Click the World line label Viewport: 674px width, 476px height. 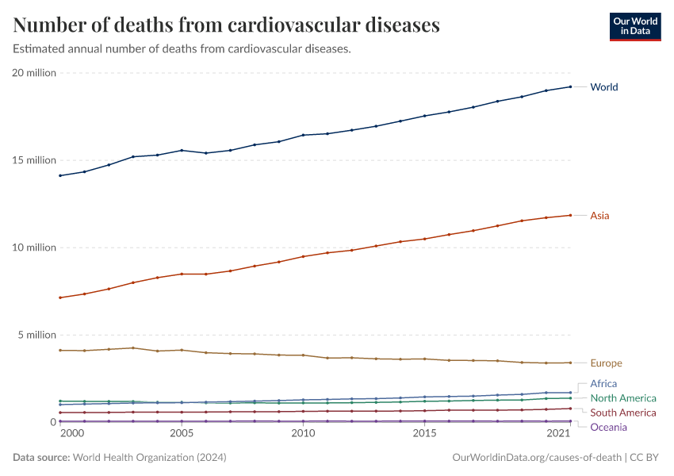(x=604, y=86)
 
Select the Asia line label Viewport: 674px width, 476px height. (x=599, y=216)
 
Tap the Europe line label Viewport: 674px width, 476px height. (x=606, y=363)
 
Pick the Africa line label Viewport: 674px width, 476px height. (x=603, y=383)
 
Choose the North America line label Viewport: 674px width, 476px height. (x=623, y=398)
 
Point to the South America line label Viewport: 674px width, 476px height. (x=623, y=413)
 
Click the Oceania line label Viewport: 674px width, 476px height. (x=609, y=427)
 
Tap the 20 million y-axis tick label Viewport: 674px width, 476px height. (x=34, y=73)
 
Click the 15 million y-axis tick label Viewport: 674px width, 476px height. (x=34, y=160)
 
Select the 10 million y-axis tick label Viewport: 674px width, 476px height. (x=34, y=248)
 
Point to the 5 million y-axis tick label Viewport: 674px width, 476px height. (x=37, y=335)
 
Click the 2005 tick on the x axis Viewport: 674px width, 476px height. (x=182, y=433)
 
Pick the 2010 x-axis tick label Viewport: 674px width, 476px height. (x=304, y=433)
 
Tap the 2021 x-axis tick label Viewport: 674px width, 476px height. (x=558, y=433)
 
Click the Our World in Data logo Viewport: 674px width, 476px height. (x=635, y=27)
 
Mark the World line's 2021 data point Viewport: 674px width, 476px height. (x=570, y=86)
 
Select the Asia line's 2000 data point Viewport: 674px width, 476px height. (x=60, y=297)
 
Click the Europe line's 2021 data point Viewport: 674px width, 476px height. (x=570, y=363)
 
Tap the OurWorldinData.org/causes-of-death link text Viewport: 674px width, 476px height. (x=537, y=458)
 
